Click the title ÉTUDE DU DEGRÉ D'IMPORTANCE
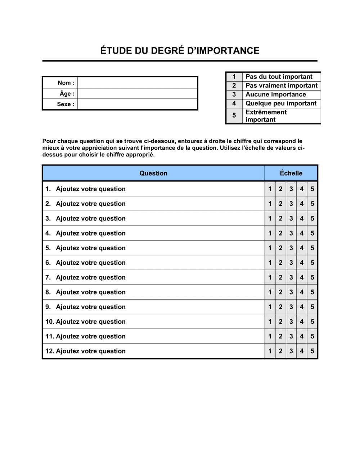point(180,51)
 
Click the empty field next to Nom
point(138,83)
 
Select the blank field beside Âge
point(138,94)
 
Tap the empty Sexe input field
point(138,104)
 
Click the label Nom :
point(66,83)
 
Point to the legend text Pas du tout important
point(279,77)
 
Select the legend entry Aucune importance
point(276,95)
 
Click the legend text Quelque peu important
point(281,104)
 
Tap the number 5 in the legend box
point(234,115)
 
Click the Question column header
point(153,173)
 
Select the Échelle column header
point(291,173)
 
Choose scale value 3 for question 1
point(291,189)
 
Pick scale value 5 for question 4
point(312,233)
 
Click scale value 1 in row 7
point(270,277)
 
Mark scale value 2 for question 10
point(280,322)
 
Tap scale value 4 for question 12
point(302,351)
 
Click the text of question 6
point(91,263)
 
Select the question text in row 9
point(91,307)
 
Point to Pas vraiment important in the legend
point(282,86)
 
